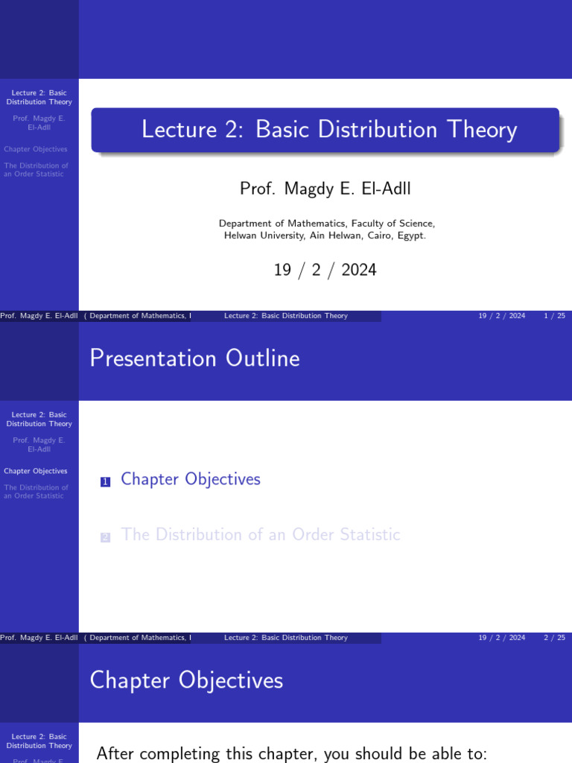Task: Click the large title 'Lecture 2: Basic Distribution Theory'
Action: (328, 130)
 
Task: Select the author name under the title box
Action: (325, 189)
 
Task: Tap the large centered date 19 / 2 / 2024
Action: (325, 270)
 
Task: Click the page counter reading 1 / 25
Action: (554, 316)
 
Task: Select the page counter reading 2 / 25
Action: (554, 638)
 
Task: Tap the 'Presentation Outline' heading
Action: (194, 358)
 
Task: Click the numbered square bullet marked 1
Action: (105, 482)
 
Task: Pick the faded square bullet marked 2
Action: (105, 537)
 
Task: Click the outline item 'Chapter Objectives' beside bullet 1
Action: (191, 479)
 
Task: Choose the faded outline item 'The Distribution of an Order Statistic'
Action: (261, 534)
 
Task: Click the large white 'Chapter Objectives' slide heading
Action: (186, 680)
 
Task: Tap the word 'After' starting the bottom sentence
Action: (115, 753)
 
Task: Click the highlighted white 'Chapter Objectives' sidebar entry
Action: (36, 471)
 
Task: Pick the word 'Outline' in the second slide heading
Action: (264, 358)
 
